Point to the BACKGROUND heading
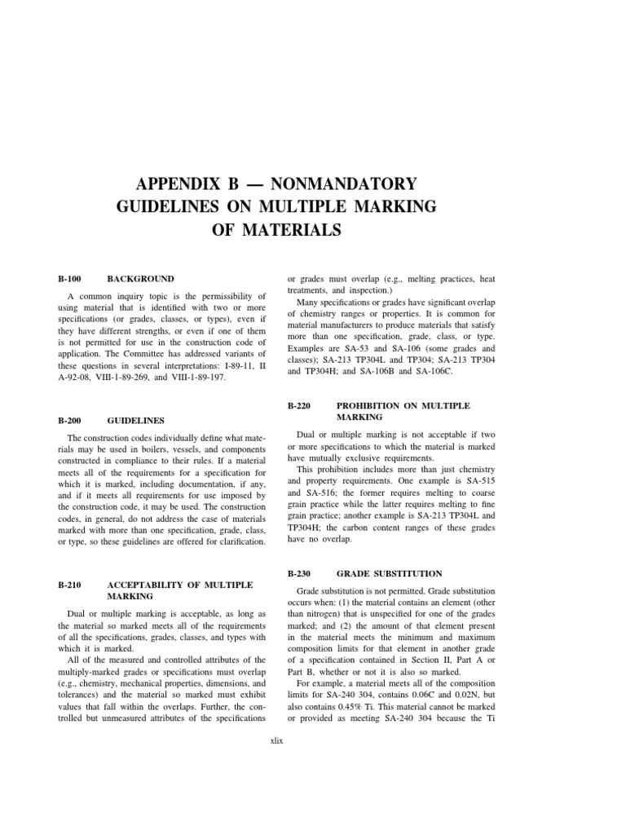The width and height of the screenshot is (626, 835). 141,279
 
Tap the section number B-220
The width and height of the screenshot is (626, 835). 301,405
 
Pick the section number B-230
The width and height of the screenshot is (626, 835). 301,574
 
